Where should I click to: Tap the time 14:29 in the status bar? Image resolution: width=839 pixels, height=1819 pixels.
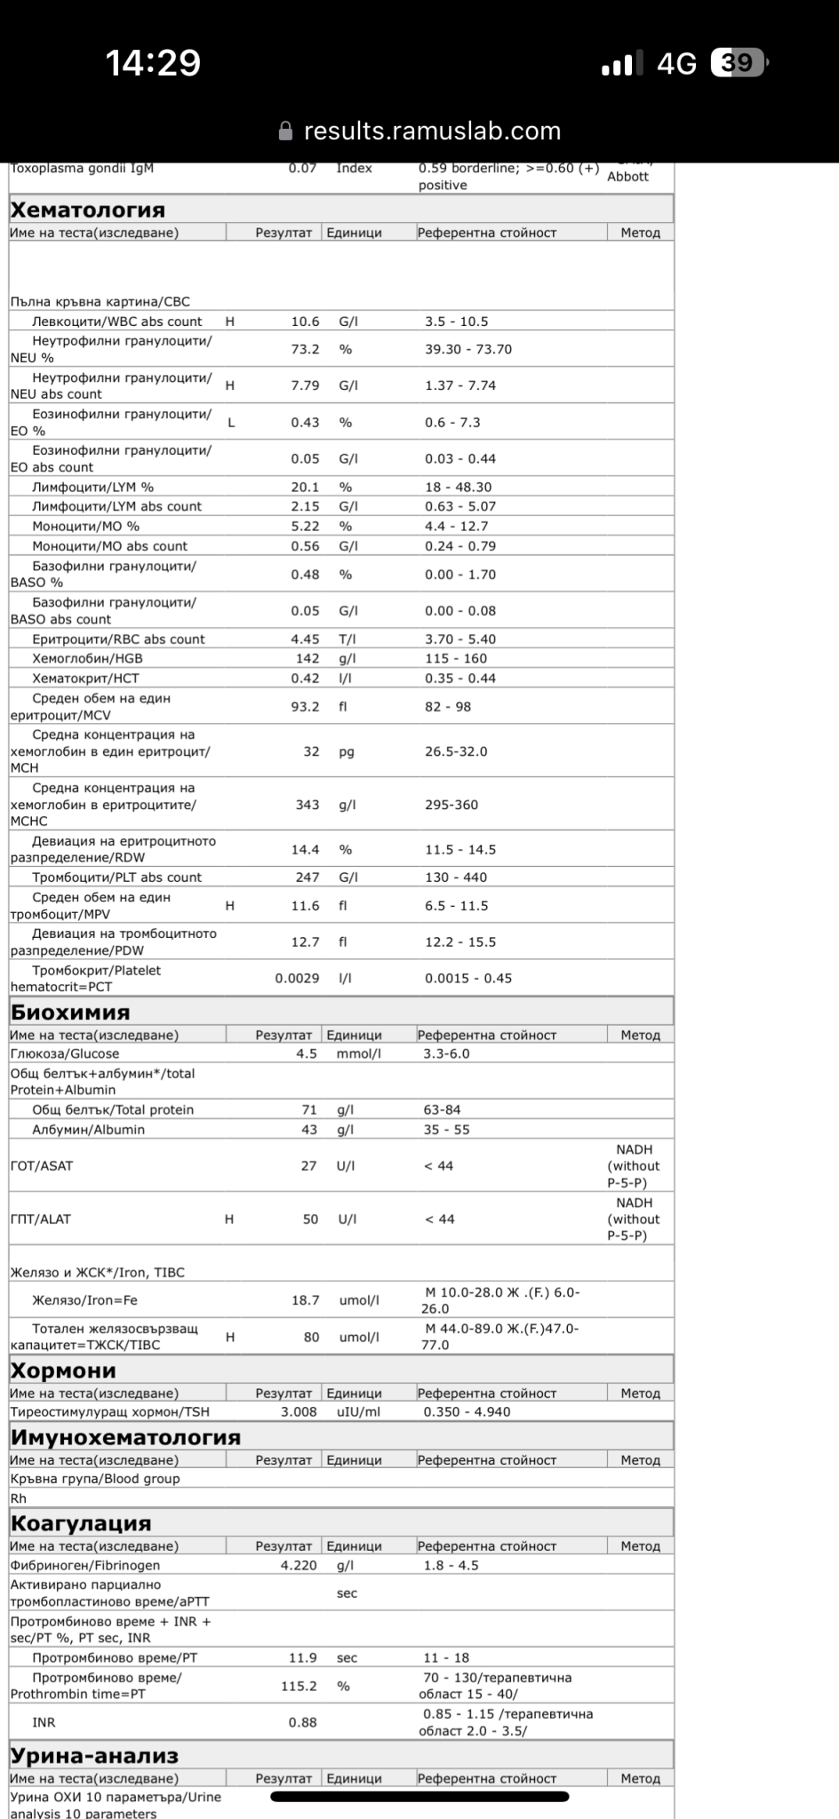153,63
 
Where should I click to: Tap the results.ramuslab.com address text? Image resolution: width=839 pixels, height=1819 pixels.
432,131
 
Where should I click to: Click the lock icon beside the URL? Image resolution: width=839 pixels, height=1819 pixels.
285,131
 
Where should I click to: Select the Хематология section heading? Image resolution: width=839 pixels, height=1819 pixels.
87,210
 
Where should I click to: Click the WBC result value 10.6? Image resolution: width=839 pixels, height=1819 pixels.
305,322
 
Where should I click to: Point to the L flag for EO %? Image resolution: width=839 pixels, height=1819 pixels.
231,423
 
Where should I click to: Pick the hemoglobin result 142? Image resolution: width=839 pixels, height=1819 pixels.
307,658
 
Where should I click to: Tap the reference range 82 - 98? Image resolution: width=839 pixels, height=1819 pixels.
448,707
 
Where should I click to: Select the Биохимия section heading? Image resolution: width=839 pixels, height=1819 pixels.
70,1013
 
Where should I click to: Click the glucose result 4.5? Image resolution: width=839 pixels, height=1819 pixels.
307,1053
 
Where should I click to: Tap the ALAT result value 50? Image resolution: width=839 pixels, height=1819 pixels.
310,1219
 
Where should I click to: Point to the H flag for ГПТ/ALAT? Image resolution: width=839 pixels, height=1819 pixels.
229,1219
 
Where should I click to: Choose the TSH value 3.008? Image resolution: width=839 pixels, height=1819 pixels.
299,1411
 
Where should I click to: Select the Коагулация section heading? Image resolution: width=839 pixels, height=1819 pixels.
81,1523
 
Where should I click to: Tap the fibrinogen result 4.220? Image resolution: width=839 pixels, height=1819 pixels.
299,1565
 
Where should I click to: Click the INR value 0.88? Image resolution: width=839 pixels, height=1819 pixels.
302,1722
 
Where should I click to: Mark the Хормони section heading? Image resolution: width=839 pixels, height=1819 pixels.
63,1370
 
